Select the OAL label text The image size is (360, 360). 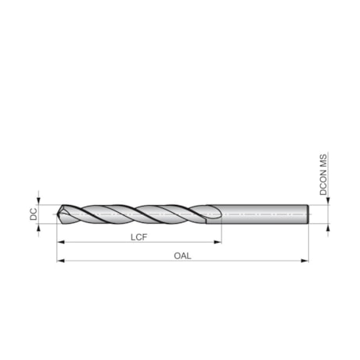[x=183, y=254]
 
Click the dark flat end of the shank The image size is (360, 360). [x=308, y=214]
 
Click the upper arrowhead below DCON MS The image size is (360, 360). [x=329, y=201]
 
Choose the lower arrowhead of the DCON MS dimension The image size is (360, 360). [x=329, y=228]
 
